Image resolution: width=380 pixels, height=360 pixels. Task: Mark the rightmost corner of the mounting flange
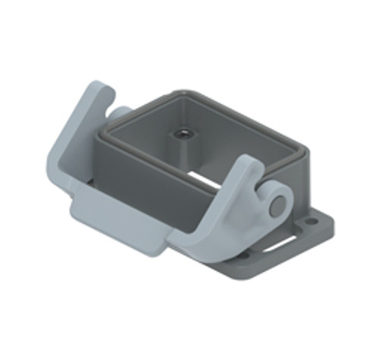(331, 225)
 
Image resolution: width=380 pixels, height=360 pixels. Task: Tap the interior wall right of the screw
(228, 137)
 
